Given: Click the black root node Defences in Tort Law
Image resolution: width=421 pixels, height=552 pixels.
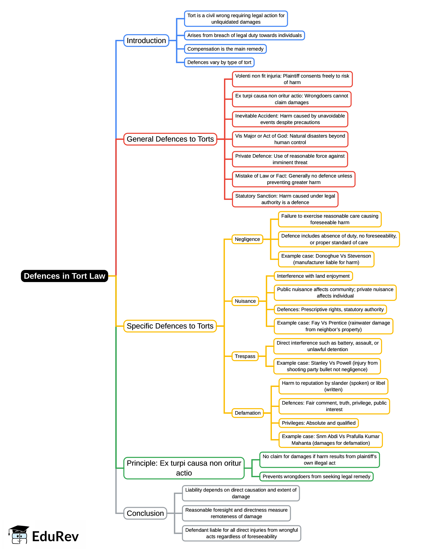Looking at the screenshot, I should [x=64, y=276].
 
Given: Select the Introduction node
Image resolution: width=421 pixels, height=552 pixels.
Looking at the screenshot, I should [x=146, y=41].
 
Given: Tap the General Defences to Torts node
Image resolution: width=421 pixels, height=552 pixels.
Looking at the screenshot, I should [x=170, y=139].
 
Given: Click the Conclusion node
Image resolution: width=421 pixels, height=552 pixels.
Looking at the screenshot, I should [x=145, y=513].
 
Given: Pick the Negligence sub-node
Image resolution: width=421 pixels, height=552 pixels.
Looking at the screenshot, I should [x=247, y=239].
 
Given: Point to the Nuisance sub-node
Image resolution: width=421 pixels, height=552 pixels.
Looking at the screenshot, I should [x=245, y=301].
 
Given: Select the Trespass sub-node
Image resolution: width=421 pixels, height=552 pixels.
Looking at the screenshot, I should [x=245, y=356].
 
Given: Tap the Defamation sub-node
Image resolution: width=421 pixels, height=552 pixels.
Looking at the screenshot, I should [x=248, y=413].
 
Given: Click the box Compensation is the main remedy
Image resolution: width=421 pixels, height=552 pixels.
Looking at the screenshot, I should [x=225, y=49].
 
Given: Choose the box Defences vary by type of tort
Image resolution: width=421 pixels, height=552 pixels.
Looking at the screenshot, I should [x=219, y=62].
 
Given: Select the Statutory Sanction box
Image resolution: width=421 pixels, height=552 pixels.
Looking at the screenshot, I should [x=285, y=199].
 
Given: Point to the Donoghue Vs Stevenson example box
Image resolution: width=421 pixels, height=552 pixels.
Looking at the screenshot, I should [x=326, y=259].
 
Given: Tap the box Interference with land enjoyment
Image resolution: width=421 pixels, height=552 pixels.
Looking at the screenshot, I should [x=313, y=276].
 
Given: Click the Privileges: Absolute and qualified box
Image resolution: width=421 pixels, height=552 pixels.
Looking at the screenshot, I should [x=319, y=423].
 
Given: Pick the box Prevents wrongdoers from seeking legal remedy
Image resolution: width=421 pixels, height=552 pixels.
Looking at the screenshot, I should [x=316, y=476].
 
